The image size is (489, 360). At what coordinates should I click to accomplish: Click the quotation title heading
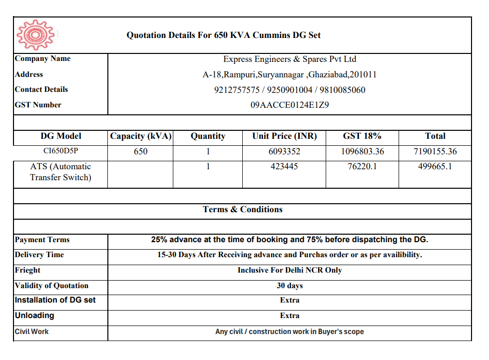pos(223,35)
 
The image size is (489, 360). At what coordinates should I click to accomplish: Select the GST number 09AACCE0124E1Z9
pos(290,105)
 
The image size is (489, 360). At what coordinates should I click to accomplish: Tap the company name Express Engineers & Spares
pos(290,59)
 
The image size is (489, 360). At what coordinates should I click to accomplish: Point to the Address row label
pos(29,74)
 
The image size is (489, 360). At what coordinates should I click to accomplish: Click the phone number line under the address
pos(290,90)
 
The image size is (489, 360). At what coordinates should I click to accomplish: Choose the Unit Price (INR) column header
pos(285,136)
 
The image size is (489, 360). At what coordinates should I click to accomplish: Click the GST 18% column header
pos(362,136)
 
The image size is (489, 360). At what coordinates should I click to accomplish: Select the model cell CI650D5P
pos(60,151)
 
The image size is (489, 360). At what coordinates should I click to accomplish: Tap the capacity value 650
pos(141,151)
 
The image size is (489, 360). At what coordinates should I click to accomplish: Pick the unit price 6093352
pos(285,151)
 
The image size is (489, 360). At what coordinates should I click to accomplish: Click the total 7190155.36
pos(435,151)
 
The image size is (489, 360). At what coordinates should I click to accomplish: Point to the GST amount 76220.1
pos(362,166)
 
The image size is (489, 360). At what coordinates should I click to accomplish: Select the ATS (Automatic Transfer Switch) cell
pos(60,172)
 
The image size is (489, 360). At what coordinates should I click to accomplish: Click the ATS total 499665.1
pos(435,166)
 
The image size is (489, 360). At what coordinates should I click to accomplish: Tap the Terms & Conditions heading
pos(243,210)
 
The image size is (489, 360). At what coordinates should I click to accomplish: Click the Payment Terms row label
pos(42,240)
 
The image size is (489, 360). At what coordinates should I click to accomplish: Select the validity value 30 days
pos(290,286)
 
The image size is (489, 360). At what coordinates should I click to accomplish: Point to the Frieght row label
pos(28,270)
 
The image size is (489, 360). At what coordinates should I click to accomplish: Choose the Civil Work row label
pos(32,332)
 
